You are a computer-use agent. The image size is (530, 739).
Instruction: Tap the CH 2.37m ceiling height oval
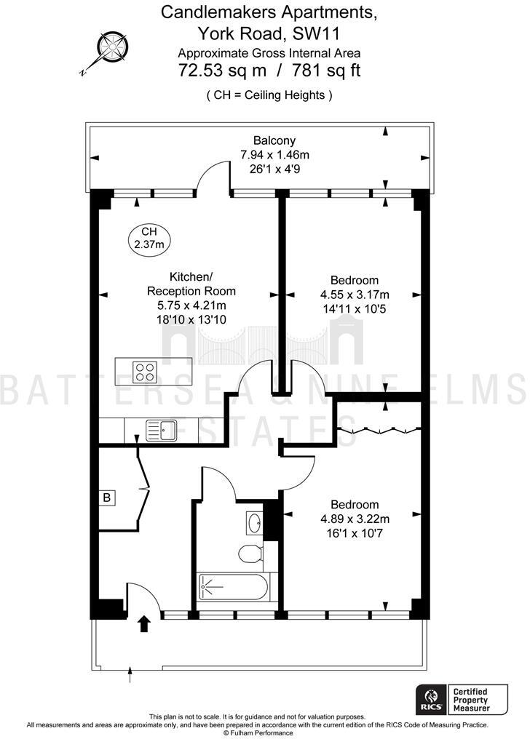click(149, 238)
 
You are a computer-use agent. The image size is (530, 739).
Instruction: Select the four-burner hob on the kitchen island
click(146, 372)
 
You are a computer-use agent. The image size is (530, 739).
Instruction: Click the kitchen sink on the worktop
click(161, 429)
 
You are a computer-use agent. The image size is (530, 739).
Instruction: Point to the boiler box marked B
click(107, 498)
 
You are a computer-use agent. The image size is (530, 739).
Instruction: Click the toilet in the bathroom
click(249, 552)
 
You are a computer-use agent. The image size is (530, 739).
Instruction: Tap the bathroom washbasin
click(255, 522)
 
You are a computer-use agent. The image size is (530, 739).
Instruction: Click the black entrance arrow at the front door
click(144, 622)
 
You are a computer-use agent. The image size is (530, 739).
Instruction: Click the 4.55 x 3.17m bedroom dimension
click(355, 295)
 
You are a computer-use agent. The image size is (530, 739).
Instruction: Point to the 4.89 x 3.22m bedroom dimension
click(355, 519)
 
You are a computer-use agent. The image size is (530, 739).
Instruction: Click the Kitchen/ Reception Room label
click(191, 284)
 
